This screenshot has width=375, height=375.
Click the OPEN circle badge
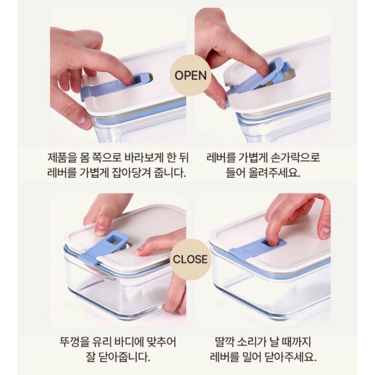[x=190, y=75]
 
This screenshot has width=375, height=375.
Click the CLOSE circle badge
[x=190, y=260]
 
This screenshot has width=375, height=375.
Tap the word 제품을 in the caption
[x=60, y=158]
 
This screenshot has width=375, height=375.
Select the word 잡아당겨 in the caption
[x=132, y=172]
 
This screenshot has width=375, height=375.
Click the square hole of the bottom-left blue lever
[x=112, y=239]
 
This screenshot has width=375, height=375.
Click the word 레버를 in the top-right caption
[x=218, y=158]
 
